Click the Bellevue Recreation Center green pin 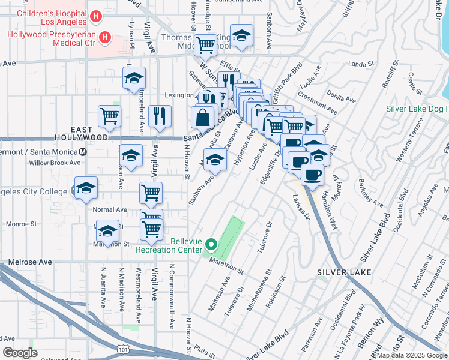click(x=211, y=245)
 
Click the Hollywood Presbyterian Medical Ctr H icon click(x=106, y=38)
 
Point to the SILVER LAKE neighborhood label click(x=344, y=272)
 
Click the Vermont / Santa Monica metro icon click(x=83, y=151)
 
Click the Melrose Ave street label click(x=30, y=262)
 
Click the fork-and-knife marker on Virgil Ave click(x=159, y=116)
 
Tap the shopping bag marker click(x=203, y=117)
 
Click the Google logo click(x=20, y=353)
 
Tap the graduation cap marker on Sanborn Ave click(x=215, y=160)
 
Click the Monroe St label click(x=22, y=224)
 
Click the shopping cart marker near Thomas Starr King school click(x=206, y=44)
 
